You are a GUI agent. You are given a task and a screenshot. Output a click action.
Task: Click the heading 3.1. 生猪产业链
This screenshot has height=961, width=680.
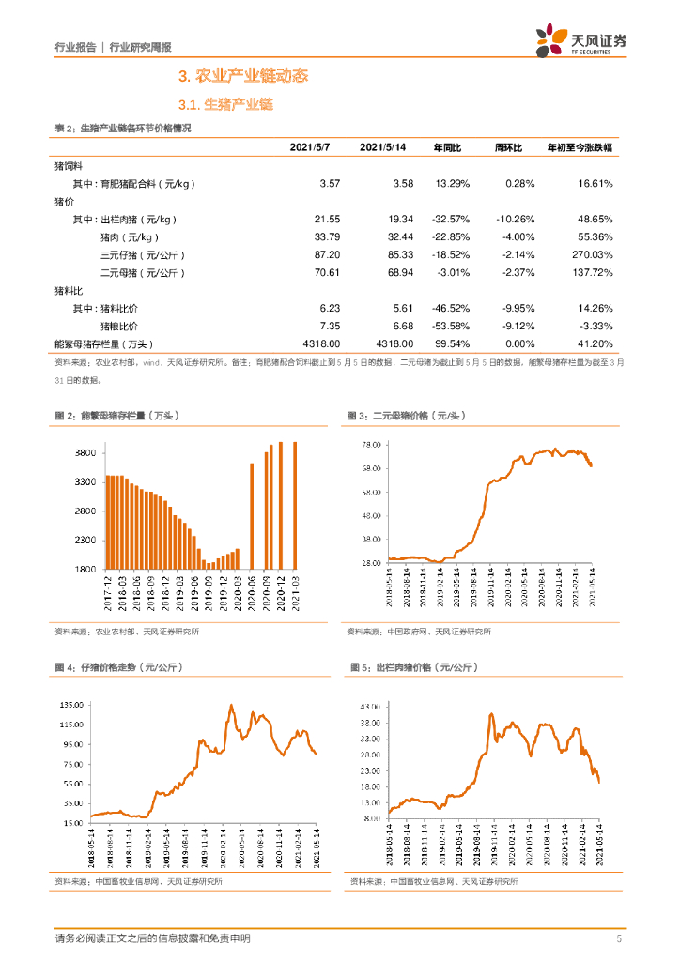pos(225,105)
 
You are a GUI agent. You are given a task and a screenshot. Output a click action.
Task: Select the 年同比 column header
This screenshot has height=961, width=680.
pos(448,148)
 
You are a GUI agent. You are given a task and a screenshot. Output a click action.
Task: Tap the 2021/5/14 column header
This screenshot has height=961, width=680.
pos(383,148)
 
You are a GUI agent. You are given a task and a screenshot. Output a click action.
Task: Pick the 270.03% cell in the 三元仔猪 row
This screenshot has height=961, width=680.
pos(590,254)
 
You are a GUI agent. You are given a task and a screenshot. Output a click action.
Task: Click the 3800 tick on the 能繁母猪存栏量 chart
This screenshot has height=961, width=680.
pos(85,453)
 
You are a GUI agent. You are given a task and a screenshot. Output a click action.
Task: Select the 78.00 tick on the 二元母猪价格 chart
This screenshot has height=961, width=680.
pos(370,444)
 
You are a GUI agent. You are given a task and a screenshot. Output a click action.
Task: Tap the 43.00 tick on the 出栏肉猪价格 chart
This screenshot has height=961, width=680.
pos(368,705)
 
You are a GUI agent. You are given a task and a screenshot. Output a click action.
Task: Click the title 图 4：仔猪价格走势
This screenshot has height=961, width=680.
pos(118,667)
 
